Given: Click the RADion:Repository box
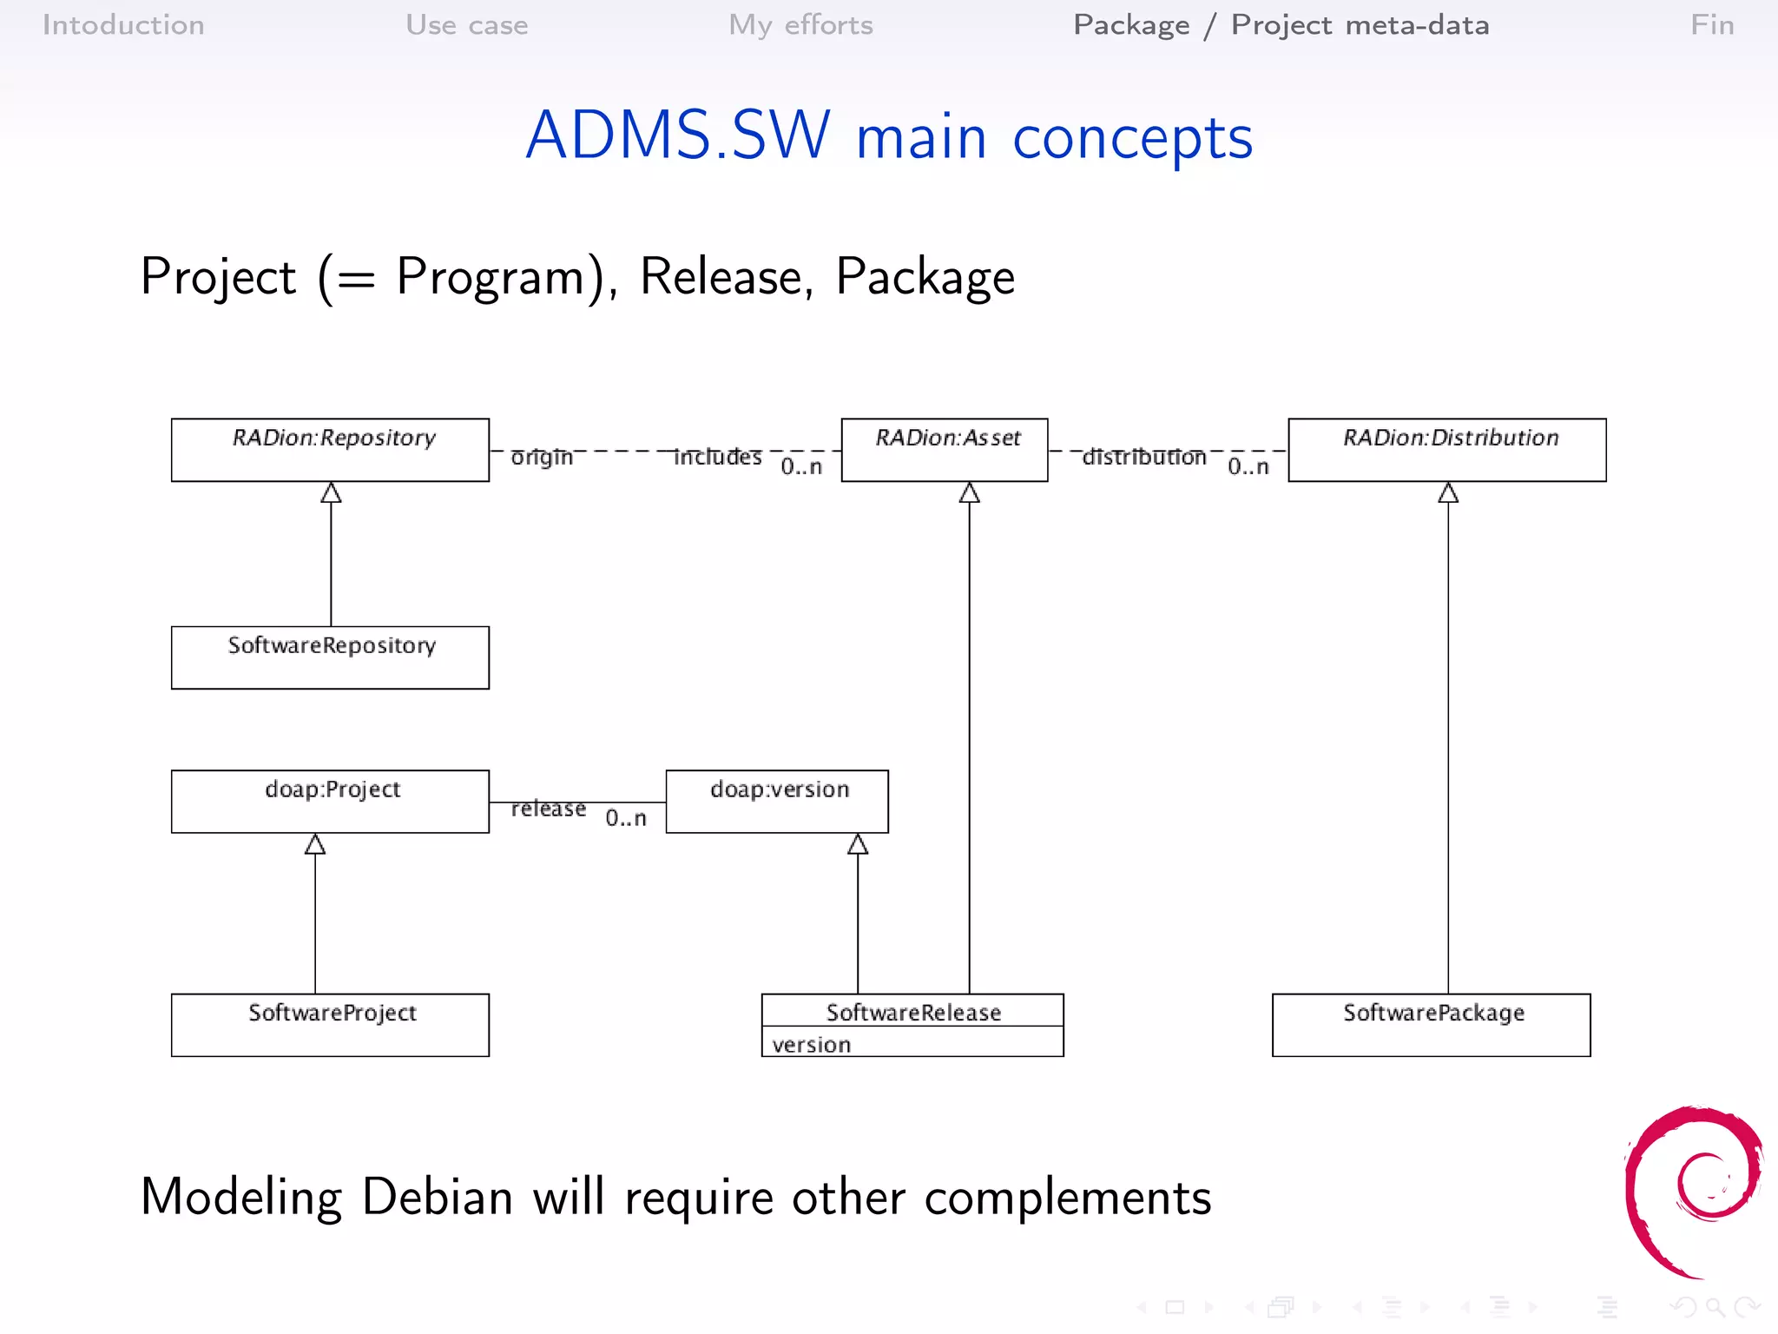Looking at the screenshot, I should pyautogui.click(x=330, y=450).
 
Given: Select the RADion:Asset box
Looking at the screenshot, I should pyautogui.click(x=945, y=450).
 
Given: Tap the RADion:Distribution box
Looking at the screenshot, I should pyautogui.click(x=1447, y=450).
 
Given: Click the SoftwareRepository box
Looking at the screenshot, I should pyautogui.click(x=330, y=657).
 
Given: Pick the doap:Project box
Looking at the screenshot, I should pyautogui.click(x=330, y=801).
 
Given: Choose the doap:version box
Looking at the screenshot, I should pyautogui.click(x=777, y=801).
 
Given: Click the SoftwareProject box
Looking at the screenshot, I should pyautogui.click(x=330, y=1025).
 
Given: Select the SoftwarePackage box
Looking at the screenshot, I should pyautogui.click(x=1431, y=1025).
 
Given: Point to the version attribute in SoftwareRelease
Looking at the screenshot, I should pyautogui.click(x=812, y=1045).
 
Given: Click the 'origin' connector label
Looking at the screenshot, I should pyautogui.click(x=542, y=457).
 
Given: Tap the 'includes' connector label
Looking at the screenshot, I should pyautogui.click(x=718, y=457).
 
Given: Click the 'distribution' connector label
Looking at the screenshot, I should pyautogui.click(x=1144, y=457).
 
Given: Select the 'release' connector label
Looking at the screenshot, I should pyautogui.click(x=548, y=809).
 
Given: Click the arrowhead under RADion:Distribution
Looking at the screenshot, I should pyautogui.click(x=1448, y=493).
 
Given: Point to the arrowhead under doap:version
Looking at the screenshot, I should pyautogui.click(x=858, y=844).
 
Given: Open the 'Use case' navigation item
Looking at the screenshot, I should pyautogui.click(x=467, y=25).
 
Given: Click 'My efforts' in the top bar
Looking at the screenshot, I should pyautogui.click(x=800, y=25).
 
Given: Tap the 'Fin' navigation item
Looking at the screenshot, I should pyautogui.click(x=1712, y=25).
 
